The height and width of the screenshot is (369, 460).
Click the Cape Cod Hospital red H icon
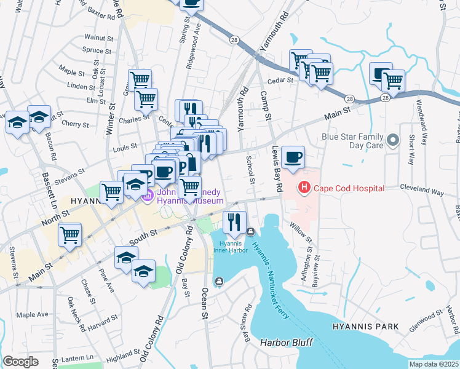click(303, 188)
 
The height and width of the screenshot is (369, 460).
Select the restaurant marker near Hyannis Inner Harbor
click(234, 223)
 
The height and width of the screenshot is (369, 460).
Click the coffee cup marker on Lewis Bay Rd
click(293, 156)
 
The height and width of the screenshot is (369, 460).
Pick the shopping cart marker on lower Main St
click(70, 234)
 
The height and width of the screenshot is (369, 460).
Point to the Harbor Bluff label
click(286, 342)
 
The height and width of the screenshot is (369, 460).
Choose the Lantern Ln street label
click(81, 357)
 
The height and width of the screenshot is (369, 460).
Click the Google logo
click(20, 362)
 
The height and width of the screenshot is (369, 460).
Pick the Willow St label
click(301, 233)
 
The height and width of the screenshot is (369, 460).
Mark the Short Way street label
click(410, 150)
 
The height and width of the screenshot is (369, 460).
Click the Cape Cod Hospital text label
click(349, 188)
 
